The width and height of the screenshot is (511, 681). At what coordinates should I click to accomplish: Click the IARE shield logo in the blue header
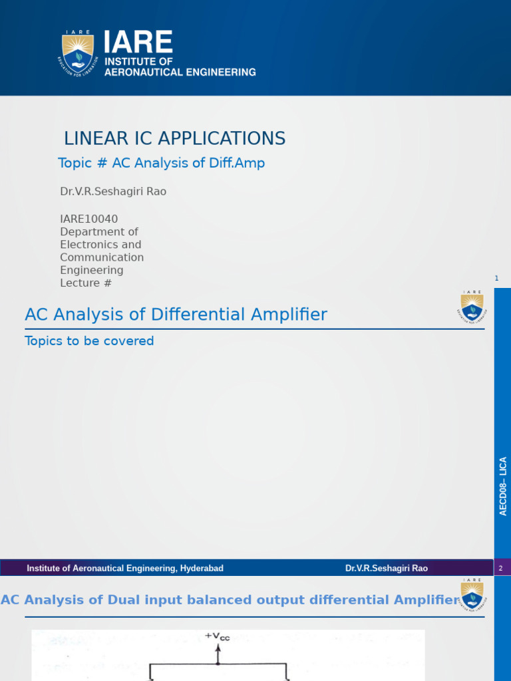coord(78,54)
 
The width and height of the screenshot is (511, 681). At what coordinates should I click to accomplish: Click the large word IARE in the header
coord(138,43)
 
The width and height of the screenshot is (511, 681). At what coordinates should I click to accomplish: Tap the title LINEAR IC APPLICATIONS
coord(174,138)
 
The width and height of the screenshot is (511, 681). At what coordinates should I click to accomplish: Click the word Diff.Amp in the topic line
coord(237,163)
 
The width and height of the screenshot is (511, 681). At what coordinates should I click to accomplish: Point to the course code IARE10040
coord(89,219)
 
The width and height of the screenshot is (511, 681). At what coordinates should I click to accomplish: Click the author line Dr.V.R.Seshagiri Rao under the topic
coord(113,192)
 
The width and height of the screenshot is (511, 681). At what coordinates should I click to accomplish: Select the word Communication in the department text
coord(102,257)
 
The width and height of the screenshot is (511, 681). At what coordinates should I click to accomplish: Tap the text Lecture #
coord(86,283)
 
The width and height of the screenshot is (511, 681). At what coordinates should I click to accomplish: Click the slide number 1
coord(496,278)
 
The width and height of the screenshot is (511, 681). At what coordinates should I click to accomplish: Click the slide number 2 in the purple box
coord(500,568)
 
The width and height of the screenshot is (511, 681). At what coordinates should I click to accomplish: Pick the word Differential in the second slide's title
coord(196,314)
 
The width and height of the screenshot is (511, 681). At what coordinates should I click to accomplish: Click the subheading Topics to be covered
coord(89,341)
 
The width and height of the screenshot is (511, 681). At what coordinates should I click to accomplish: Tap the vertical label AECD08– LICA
coord(503,486)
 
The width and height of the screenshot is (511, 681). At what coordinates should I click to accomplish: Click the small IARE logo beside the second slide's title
coord(472,307)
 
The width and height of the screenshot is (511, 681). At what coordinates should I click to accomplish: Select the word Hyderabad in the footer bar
coord(202,568)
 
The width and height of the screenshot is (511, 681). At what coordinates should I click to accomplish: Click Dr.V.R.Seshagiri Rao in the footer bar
coord(387,568)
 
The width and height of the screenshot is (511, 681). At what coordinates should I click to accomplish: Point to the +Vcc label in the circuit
coord(218,636)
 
